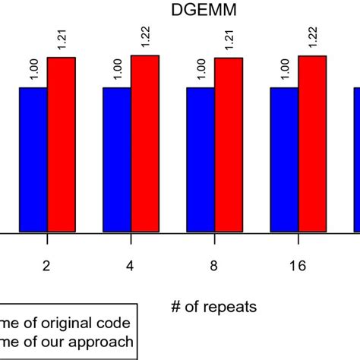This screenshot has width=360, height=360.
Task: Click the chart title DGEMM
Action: pyautogui.click(x=190, y=10)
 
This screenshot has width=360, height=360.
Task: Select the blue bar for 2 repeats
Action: pyautogui.click(x=33, y=159)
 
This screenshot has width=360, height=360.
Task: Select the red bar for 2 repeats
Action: pyautogui.click(x=62, y=144)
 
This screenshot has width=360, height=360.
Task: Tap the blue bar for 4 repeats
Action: pyautogui.click(x=117, y=159)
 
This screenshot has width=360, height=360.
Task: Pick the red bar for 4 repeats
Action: pyautogui.click(x=145, y=144)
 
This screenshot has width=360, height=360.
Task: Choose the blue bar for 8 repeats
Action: pyautogui.click(x=201, y=159)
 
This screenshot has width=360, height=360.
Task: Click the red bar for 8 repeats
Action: pyautogui.click(x=229, y=144)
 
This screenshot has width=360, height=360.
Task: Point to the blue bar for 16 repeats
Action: pyautogui.click(x=285, y=159)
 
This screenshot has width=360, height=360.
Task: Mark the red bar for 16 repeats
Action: pyautogui.click(x=313, y=144)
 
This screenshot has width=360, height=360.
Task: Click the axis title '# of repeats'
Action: pyautogui.click(x=215, y=307)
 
